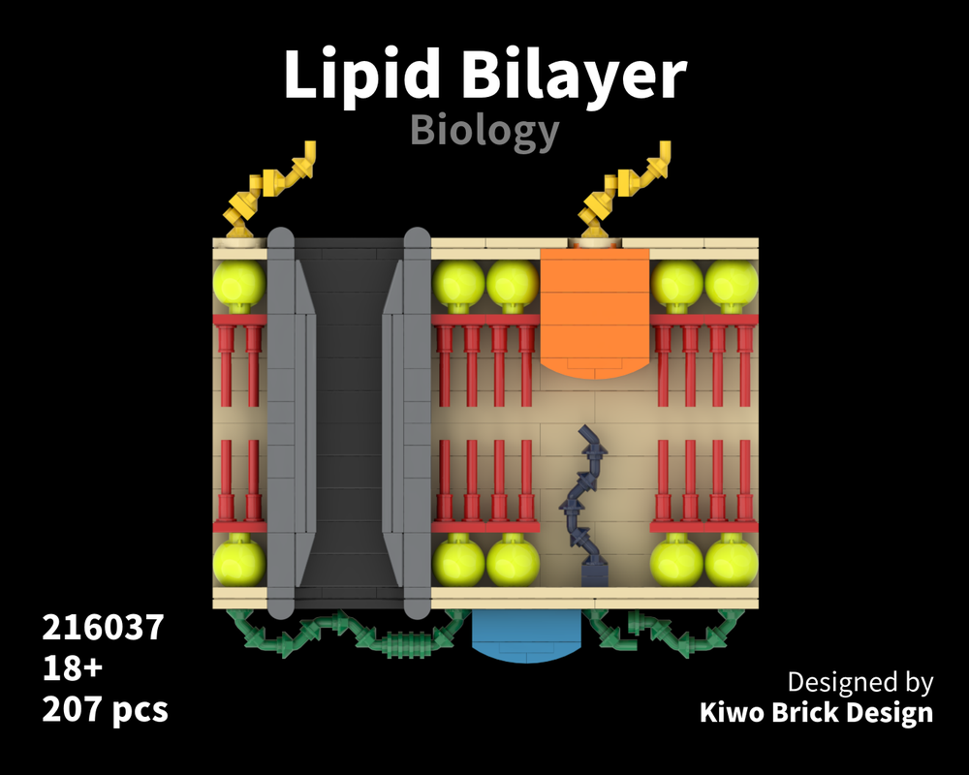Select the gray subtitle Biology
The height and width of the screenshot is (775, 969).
coord(484,130)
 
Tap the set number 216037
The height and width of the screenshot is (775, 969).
coord(103,628)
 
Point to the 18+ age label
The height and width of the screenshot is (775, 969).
coord(73,668)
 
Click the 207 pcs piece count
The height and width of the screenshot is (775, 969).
coord(105,709)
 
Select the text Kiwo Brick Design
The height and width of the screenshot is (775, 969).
coord(816,713)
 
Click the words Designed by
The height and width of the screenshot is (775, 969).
coord(860,681)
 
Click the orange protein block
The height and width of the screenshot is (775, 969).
coord(594,310)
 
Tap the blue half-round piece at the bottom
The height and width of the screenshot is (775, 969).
coord(525,637)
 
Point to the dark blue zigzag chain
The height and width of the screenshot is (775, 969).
coord(585,504)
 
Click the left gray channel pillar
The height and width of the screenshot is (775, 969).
coord(281,421)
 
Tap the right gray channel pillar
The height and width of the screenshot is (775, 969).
coord(417,421)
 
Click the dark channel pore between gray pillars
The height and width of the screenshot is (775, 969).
coord(349,421)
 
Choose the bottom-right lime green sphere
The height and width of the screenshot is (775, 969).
coord(732,561)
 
